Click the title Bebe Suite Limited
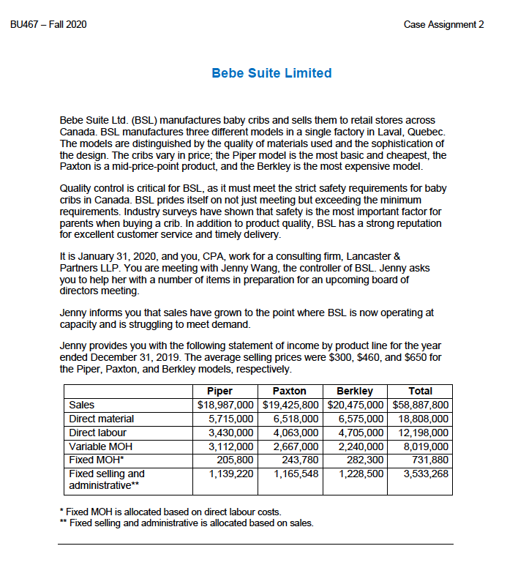(271, 73)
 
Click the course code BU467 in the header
(26, 25)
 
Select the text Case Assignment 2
(443, 25)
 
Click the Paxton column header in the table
(289, 391)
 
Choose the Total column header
(421, 391)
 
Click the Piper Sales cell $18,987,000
(226, 405)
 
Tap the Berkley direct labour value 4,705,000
(358, 433)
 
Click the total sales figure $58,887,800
(421, 405)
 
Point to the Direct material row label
(102, 419)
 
